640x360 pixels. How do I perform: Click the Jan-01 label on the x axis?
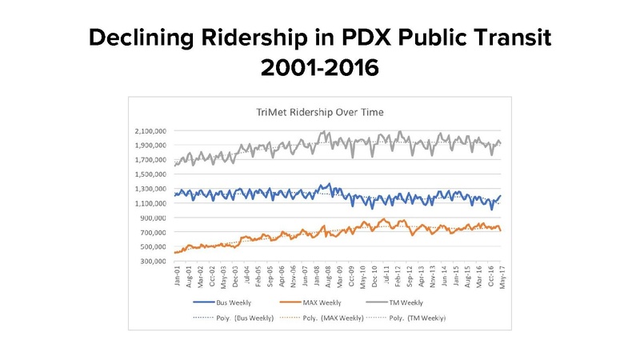pos(177,281)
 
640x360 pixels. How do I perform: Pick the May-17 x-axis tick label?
pos(501,281)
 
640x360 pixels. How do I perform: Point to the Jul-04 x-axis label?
pos(248,281)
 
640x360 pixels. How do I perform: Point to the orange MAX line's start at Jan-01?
pos(174,253)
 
